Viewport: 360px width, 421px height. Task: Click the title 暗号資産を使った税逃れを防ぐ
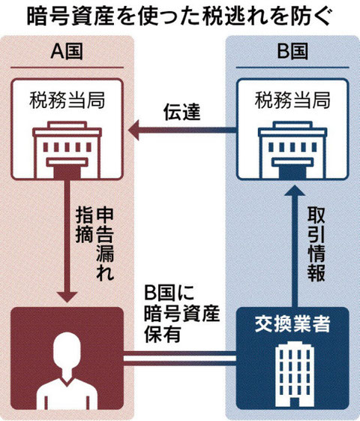pyautogui.click(x=180, y=17)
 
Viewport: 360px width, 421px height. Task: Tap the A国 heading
pyautogui.click(x=67, y=52)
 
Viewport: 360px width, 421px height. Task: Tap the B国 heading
pyautogui.click(x=292, y=52)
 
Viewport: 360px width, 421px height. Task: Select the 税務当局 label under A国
pyautogui.click(x=67, y=100)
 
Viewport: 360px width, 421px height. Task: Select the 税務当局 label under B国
pyautogui.click(x=292, y=100)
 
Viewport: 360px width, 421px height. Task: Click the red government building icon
pyautogui.click(x=67, y=150)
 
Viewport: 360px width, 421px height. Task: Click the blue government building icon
pyautogui.click(x=292, y=150)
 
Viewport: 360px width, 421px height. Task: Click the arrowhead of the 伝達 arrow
pyautogui.click(x=133, y=131)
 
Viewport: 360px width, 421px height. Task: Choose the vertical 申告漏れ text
pyautogui.click(x=105, y=244)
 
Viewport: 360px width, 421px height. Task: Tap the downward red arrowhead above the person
pyautogui.click(x=67, y=297)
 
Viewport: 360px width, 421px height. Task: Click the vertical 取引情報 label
pyautogui.click(x=316, y=244)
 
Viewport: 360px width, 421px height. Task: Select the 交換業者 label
pyautogui.click(x=292, y=324)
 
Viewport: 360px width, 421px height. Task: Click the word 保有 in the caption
pyautogui.click(x=162, y=334)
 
